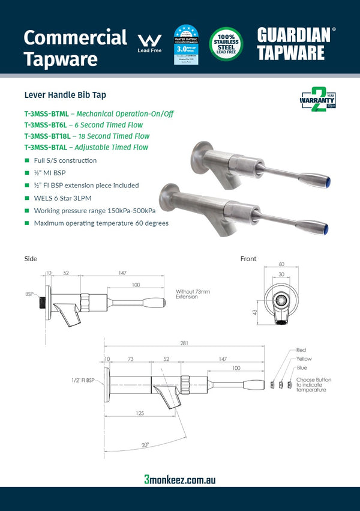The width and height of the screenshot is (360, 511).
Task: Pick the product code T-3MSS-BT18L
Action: (47, 136)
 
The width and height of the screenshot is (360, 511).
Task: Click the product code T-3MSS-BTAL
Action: (46, 147)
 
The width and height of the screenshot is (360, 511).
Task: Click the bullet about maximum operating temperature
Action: (101, 223)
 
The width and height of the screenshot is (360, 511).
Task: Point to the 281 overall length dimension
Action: (184, 343)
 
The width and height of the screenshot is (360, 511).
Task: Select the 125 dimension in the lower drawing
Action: (139, 413)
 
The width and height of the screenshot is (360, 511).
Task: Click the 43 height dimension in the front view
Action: (254, 312)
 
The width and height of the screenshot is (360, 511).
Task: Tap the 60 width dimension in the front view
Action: (282, 264)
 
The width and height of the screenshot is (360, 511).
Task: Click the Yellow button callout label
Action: (304, 359)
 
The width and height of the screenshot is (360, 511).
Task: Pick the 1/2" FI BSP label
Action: (83, 381)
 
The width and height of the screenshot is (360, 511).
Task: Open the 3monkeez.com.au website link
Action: (180, 479)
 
